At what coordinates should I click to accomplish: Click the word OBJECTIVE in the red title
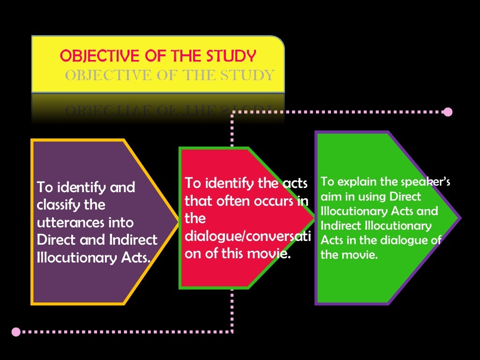point(99,56)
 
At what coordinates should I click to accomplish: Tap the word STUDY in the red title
point(231,56)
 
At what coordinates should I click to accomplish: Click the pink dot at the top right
point(448,112)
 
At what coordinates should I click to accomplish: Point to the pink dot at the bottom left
point(16,332)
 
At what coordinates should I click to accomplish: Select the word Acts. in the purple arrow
point(136,258)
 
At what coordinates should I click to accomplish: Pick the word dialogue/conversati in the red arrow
point(247,236)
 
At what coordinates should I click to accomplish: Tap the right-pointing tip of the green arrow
point(461,218)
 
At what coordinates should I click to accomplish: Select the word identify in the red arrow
point(229,184)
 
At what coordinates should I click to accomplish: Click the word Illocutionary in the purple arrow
point(77,258)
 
